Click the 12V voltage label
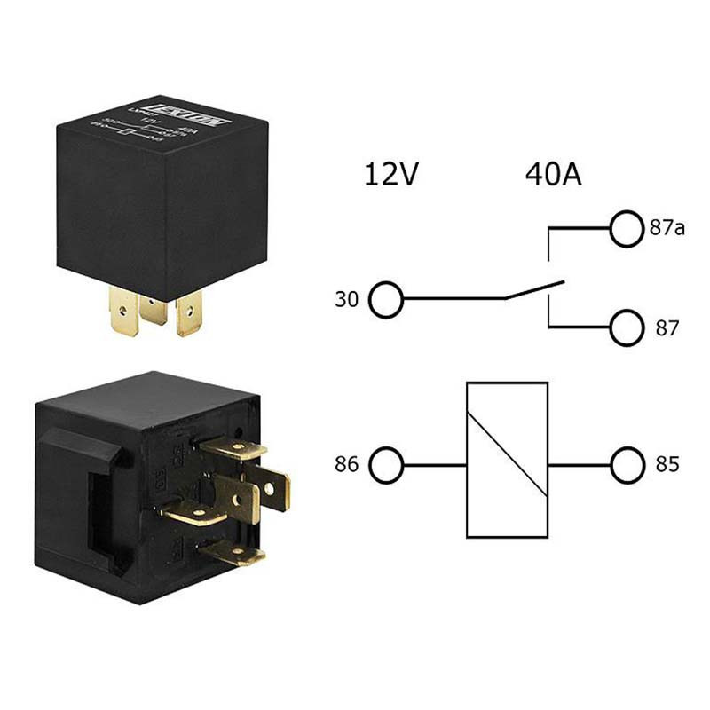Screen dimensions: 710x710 390,173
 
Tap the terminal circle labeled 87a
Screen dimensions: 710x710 626,228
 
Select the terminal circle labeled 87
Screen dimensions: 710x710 626,328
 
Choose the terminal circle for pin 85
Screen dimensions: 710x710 626,464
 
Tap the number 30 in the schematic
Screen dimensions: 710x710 346,300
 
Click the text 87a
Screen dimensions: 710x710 667,228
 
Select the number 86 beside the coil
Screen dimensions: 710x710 346,464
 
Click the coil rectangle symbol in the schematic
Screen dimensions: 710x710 507,460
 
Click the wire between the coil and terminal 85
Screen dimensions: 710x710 579,464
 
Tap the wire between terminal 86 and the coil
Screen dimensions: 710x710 434,464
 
